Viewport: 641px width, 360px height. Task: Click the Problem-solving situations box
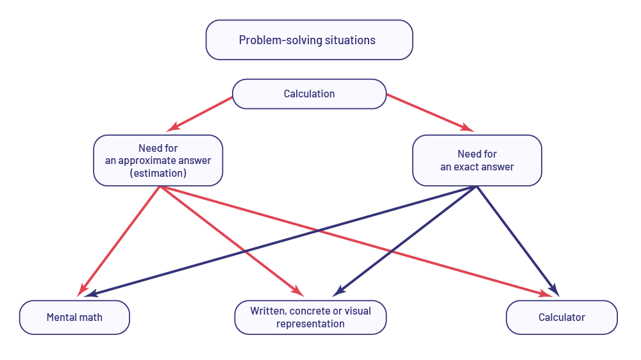click(x=309, y=40)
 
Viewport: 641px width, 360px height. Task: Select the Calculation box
click(x=309, y=94)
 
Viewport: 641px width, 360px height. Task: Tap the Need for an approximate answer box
click(x=158, y=160)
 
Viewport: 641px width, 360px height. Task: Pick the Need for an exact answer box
click(x=477, y=160)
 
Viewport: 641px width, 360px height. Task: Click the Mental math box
click(x=74, y=317)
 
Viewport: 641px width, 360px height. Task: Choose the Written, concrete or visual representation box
click(x=310, y=317)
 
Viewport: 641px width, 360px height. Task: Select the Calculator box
click(x=562, y=317)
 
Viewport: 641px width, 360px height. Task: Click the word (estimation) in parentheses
click(x=158, y=173)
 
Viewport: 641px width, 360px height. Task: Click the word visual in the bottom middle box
click(x=358, y=311)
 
